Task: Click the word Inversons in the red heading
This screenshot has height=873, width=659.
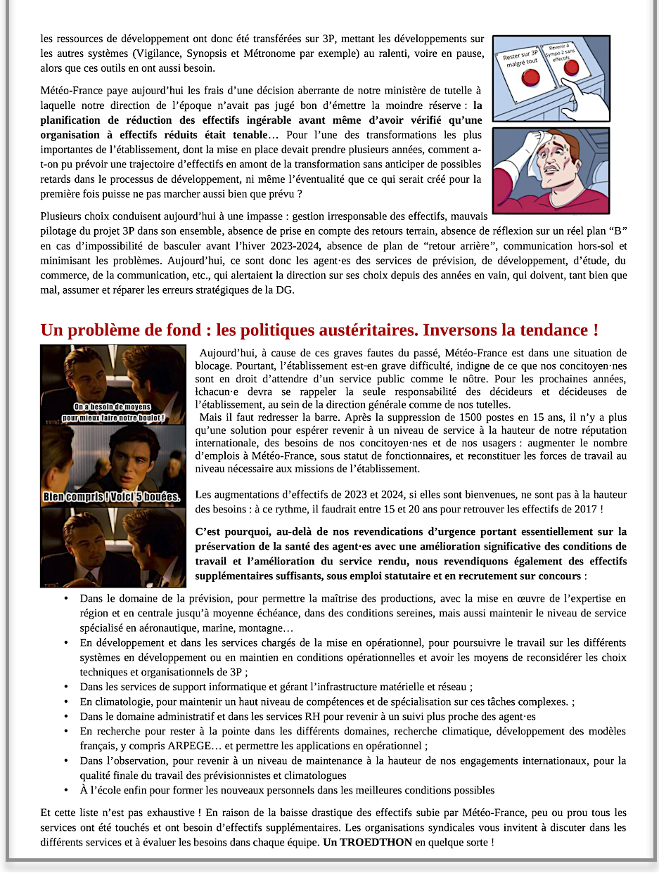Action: (x=461, y=330)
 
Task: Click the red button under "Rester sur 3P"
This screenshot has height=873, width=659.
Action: (x=526, y=78)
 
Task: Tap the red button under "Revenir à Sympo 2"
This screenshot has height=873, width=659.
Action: (x=570, y=67)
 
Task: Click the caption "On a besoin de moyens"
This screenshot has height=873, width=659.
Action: (x=113, y=407)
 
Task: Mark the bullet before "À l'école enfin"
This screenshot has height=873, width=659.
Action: (x=65, y=790)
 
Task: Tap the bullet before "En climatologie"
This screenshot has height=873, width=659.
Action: (x=65, y=701)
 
